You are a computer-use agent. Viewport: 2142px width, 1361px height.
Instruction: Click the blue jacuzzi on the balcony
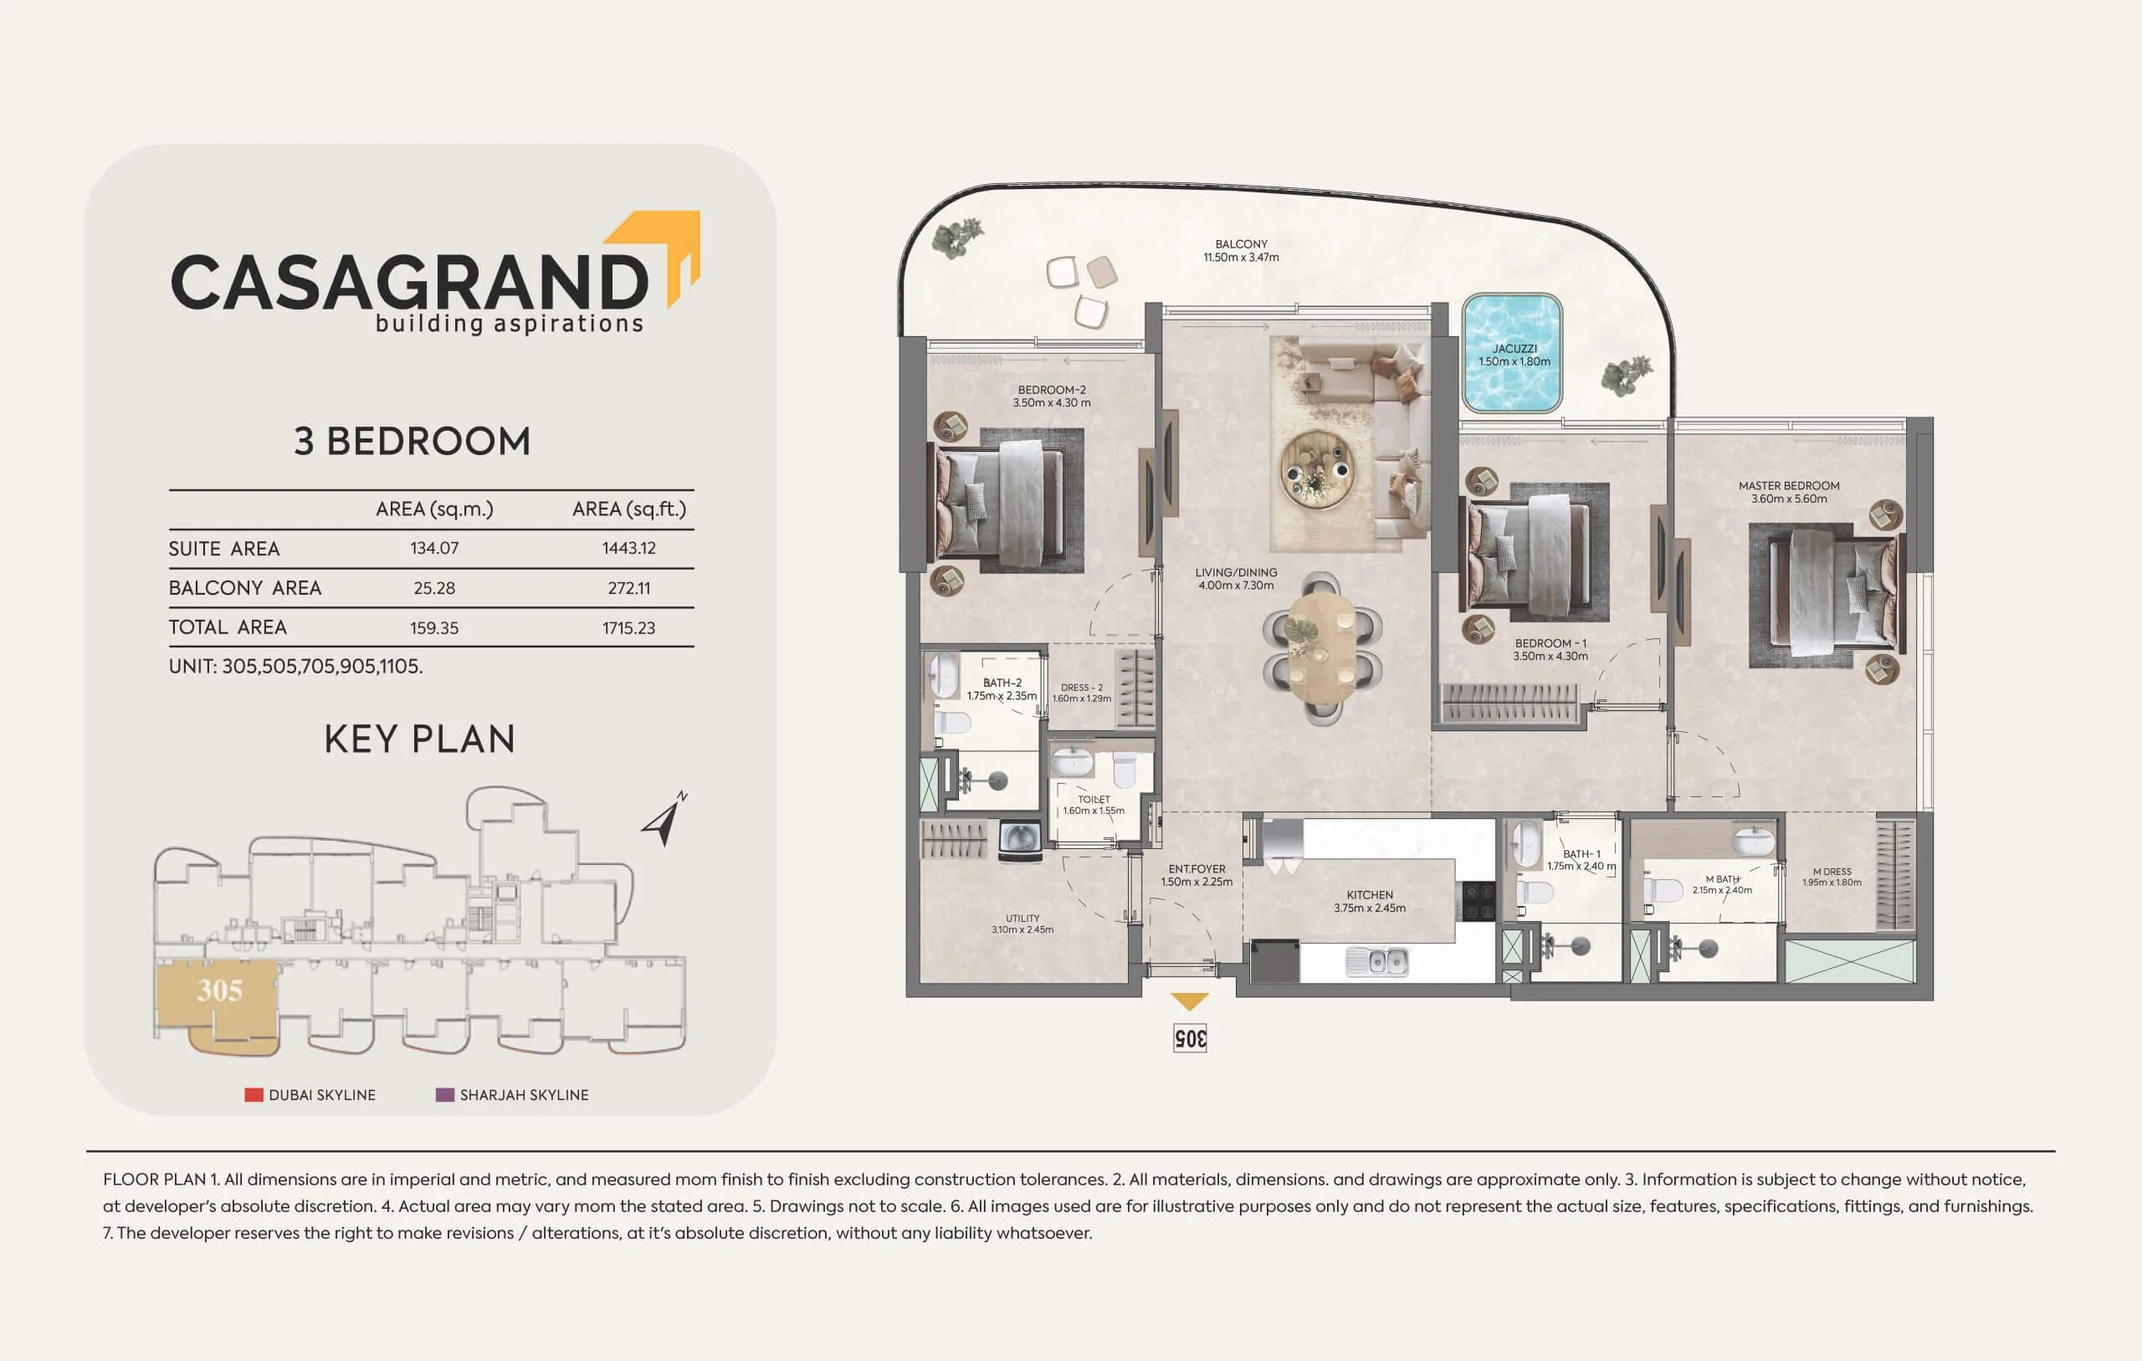(1512, 353)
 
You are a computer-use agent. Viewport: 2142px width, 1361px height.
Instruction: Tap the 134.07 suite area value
(434, 548)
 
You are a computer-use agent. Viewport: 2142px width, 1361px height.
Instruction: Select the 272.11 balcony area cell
(629, 588)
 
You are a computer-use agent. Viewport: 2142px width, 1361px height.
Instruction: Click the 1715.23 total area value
(629, 628)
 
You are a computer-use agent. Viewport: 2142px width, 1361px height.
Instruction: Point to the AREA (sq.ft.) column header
(630, 509)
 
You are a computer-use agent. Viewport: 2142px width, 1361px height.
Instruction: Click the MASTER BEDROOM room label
(1789, 486)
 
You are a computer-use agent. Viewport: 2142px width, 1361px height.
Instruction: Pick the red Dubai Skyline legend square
(254, 1094)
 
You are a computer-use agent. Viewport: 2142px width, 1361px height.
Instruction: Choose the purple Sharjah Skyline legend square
(445, 1094)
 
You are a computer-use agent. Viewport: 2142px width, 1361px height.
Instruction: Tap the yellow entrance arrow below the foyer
(1189, 1001)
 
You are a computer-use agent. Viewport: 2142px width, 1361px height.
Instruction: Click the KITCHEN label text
(1370, 895)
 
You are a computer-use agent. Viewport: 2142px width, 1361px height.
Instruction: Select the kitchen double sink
(1377, 960)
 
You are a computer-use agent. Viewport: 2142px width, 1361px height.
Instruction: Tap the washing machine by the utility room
(1019, 840)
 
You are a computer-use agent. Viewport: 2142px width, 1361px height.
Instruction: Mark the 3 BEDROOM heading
(412, 441)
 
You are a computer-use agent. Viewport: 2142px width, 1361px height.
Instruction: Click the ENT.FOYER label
(1197, 869)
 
